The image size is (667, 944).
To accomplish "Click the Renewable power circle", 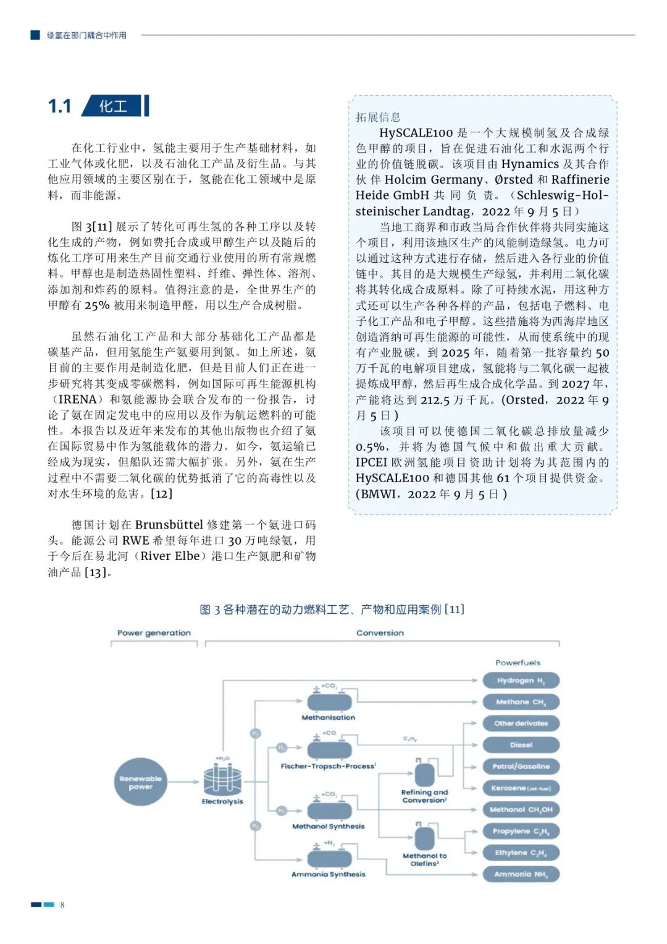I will [141, 782].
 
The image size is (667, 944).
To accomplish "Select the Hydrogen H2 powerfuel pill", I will [521, 681].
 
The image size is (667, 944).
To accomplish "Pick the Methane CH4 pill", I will [521, 702].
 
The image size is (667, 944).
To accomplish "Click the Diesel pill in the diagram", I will [521, 745].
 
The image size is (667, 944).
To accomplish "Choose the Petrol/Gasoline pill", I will [521, 767].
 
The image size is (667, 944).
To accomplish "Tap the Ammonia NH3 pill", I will [521, 874].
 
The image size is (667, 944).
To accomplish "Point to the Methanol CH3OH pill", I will [521, 809].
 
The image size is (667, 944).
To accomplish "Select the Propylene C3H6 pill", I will [521, 831].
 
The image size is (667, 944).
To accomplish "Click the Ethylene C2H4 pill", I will [521, 853].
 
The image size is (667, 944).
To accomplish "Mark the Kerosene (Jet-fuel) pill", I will [521, 788].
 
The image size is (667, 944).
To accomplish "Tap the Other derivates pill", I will [521, 723].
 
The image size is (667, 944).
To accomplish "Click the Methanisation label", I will [329, 718].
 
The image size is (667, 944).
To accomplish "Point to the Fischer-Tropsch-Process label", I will [328, 767].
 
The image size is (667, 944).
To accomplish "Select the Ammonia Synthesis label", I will [329, 875].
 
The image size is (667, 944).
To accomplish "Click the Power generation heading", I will [154, 633].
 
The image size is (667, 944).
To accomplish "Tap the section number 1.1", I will [60, 106].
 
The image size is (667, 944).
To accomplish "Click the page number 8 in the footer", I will [62, 905].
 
